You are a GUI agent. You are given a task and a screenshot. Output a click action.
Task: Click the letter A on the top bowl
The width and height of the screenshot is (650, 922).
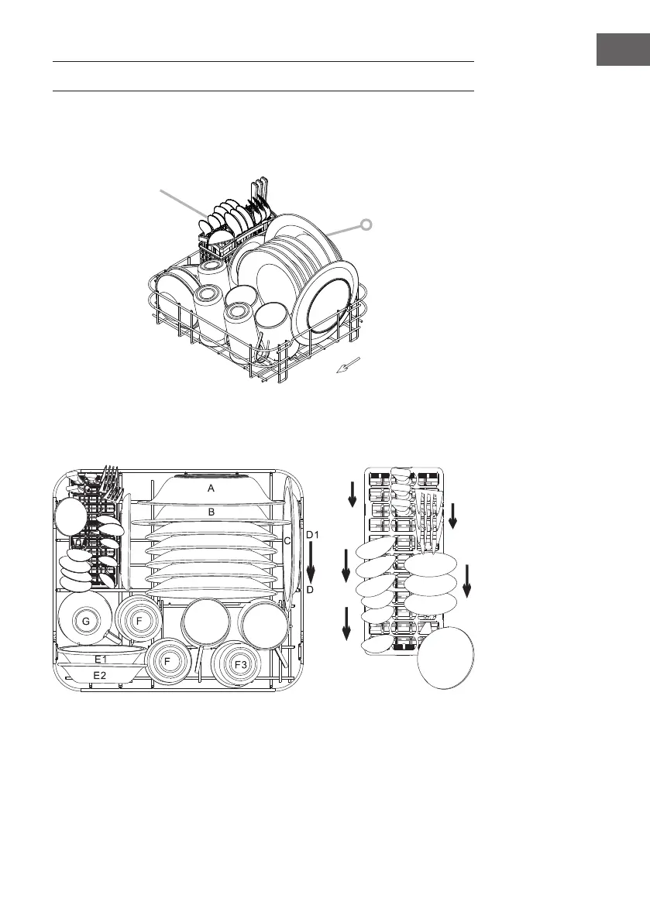212,488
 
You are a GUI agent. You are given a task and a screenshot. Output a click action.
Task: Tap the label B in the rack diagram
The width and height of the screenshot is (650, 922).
212,512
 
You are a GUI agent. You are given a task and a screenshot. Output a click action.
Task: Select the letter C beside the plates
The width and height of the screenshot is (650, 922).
287,540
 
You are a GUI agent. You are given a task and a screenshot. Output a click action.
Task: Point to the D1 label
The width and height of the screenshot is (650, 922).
312,534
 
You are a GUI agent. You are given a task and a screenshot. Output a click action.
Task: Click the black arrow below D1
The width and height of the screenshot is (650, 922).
311,561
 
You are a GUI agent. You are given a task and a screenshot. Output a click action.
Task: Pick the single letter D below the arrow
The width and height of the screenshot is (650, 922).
310,589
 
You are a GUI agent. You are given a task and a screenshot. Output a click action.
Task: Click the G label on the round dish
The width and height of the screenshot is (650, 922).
86,621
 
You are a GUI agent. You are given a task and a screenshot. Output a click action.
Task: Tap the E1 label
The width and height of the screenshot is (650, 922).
101,660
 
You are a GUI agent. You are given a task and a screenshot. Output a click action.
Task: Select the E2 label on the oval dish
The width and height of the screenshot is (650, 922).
100,676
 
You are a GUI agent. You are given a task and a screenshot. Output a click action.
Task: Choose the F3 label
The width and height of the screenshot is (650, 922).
241,664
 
